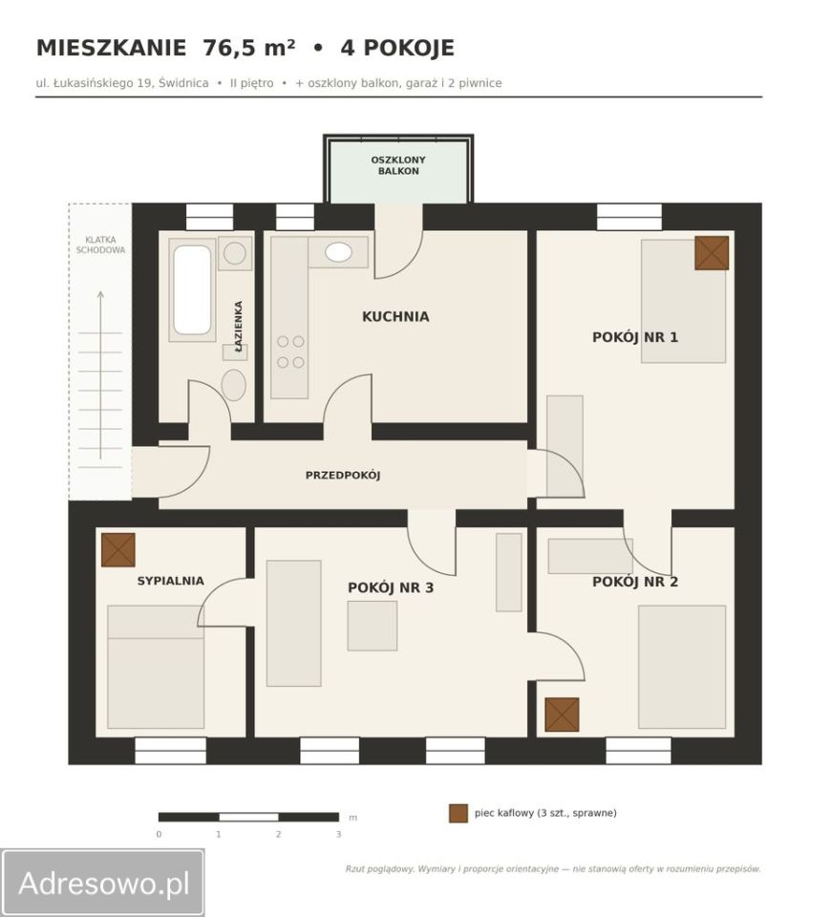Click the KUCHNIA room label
(x=395, y=316)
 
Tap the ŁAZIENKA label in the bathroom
(x=238, y=326)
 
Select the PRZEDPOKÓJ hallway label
(x=343, y=475)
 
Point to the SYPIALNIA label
(x=170, y=581)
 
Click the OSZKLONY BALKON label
(x=398, y=165)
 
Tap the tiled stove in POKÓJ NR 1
(x=712, y=253)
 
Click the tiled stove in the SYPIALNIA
(x=118, y=550)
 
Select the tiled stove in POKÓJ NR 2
(x=563, y=714)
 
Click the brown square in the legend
(x=458, y=814)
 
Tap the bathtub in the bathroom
(x=192, y=290)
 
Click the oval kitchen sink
(x=339, y=252)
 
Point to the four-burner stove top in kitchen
(x=290, y=352)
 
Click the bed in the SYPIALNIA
(x=156, y=667)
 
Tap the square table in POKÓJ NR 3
(x=372, y=626)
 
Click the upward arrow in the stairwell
(x=100, y=374)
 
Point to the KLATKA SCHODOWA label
(x=100, y=245)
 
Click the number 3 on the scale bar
(x=339, y=835)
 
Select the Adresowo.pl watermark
(x=103, y=883)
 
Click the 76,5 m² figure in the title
(x=248, y=48)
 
